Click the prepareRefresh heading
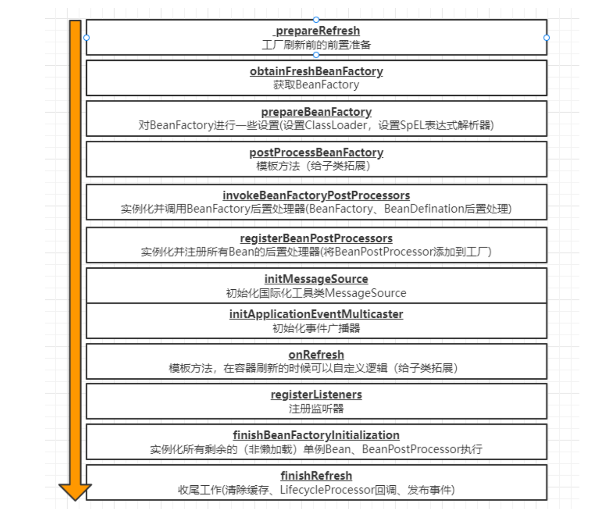coord(317,31)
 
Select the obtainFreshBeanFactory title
coord(316,71)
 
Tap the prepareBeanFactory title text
coord(316,112)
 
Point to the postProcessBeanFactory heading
coord(316,153)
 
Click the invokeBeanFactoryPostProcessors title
coord(316,196)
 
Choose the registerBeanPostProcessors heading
coord(316,238)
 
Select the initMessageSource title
coord(316,279)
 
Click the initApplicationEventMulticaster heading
coord(316,314)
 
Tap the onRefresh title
coord(316,355)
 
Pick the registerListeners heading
coord(316,395)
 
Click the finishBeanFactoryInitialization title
coord(316,435)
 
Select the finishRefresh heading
coord(316,476)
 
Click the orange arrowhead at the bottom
coord(75,491)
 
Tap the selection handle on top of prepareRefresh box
coord(316,20)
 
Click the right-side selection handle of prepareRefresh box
coord(546,38)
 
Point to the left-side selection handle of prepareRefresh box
coord(87,38)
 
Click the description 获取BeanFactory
coord(316,85)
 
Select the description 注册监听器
coord(316,409)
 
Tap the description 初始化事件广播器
coord(316,328)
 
